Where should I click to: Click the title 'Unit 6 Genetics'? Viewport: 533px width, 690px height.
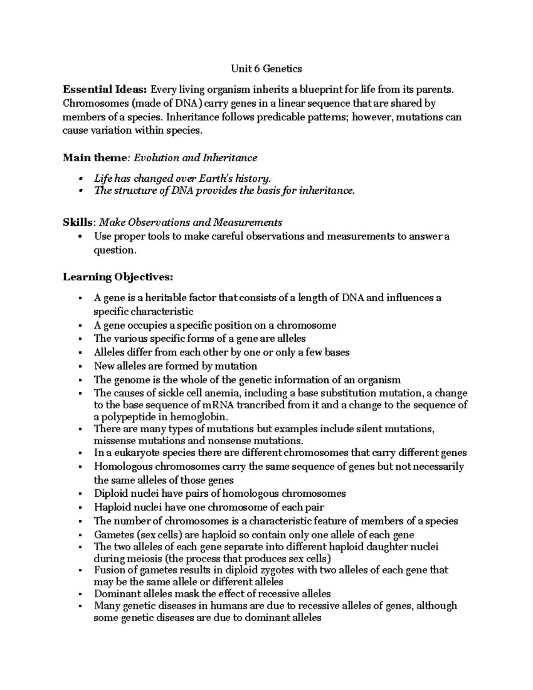pyautogui.click(x=266, y=69)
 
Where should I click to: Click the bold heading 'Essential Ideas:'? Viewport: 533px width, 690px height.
pyautogui.click(x=104, y=90)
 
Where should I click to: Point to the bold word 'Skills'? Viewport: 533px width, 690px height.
pyautogui.click(x=79, y=222)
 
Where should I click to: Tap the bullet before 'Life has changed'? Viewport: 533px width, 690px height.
pyautogui.click(x=80, y=179)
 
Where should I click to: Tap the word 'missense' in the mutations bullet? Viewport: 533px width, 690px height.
pyautogui.click(x=112, y=441)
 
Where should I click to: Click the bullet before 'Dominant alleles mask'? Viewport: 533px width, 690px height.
pyautogui.click(x=80, y=594)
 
